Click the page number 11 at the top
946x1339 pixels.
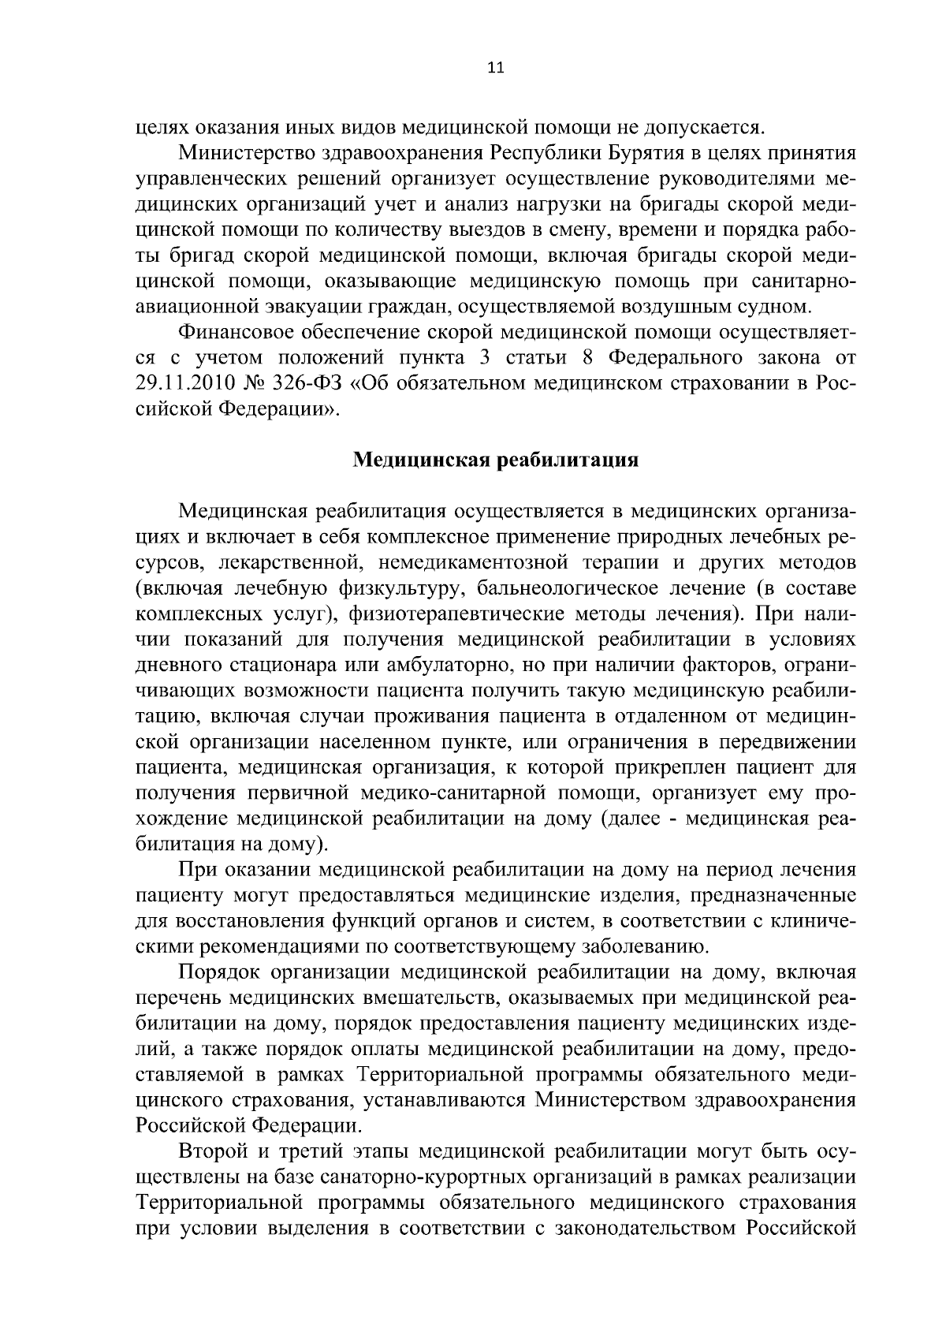pos(495,68)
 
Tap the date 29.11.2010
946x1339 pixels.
pos(183,384)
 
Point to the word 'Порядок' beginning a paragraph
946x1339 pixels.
pos(220,972)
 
